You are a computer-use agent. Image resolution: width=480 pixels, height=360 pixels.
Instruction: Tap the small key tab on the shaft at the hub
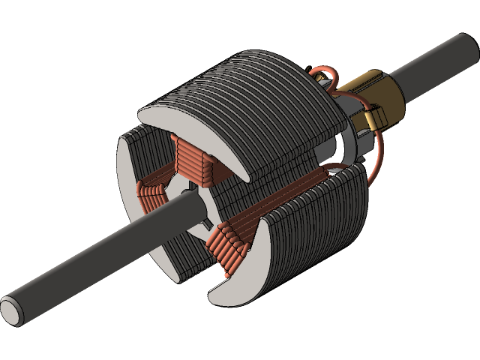tap(204, 224)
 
